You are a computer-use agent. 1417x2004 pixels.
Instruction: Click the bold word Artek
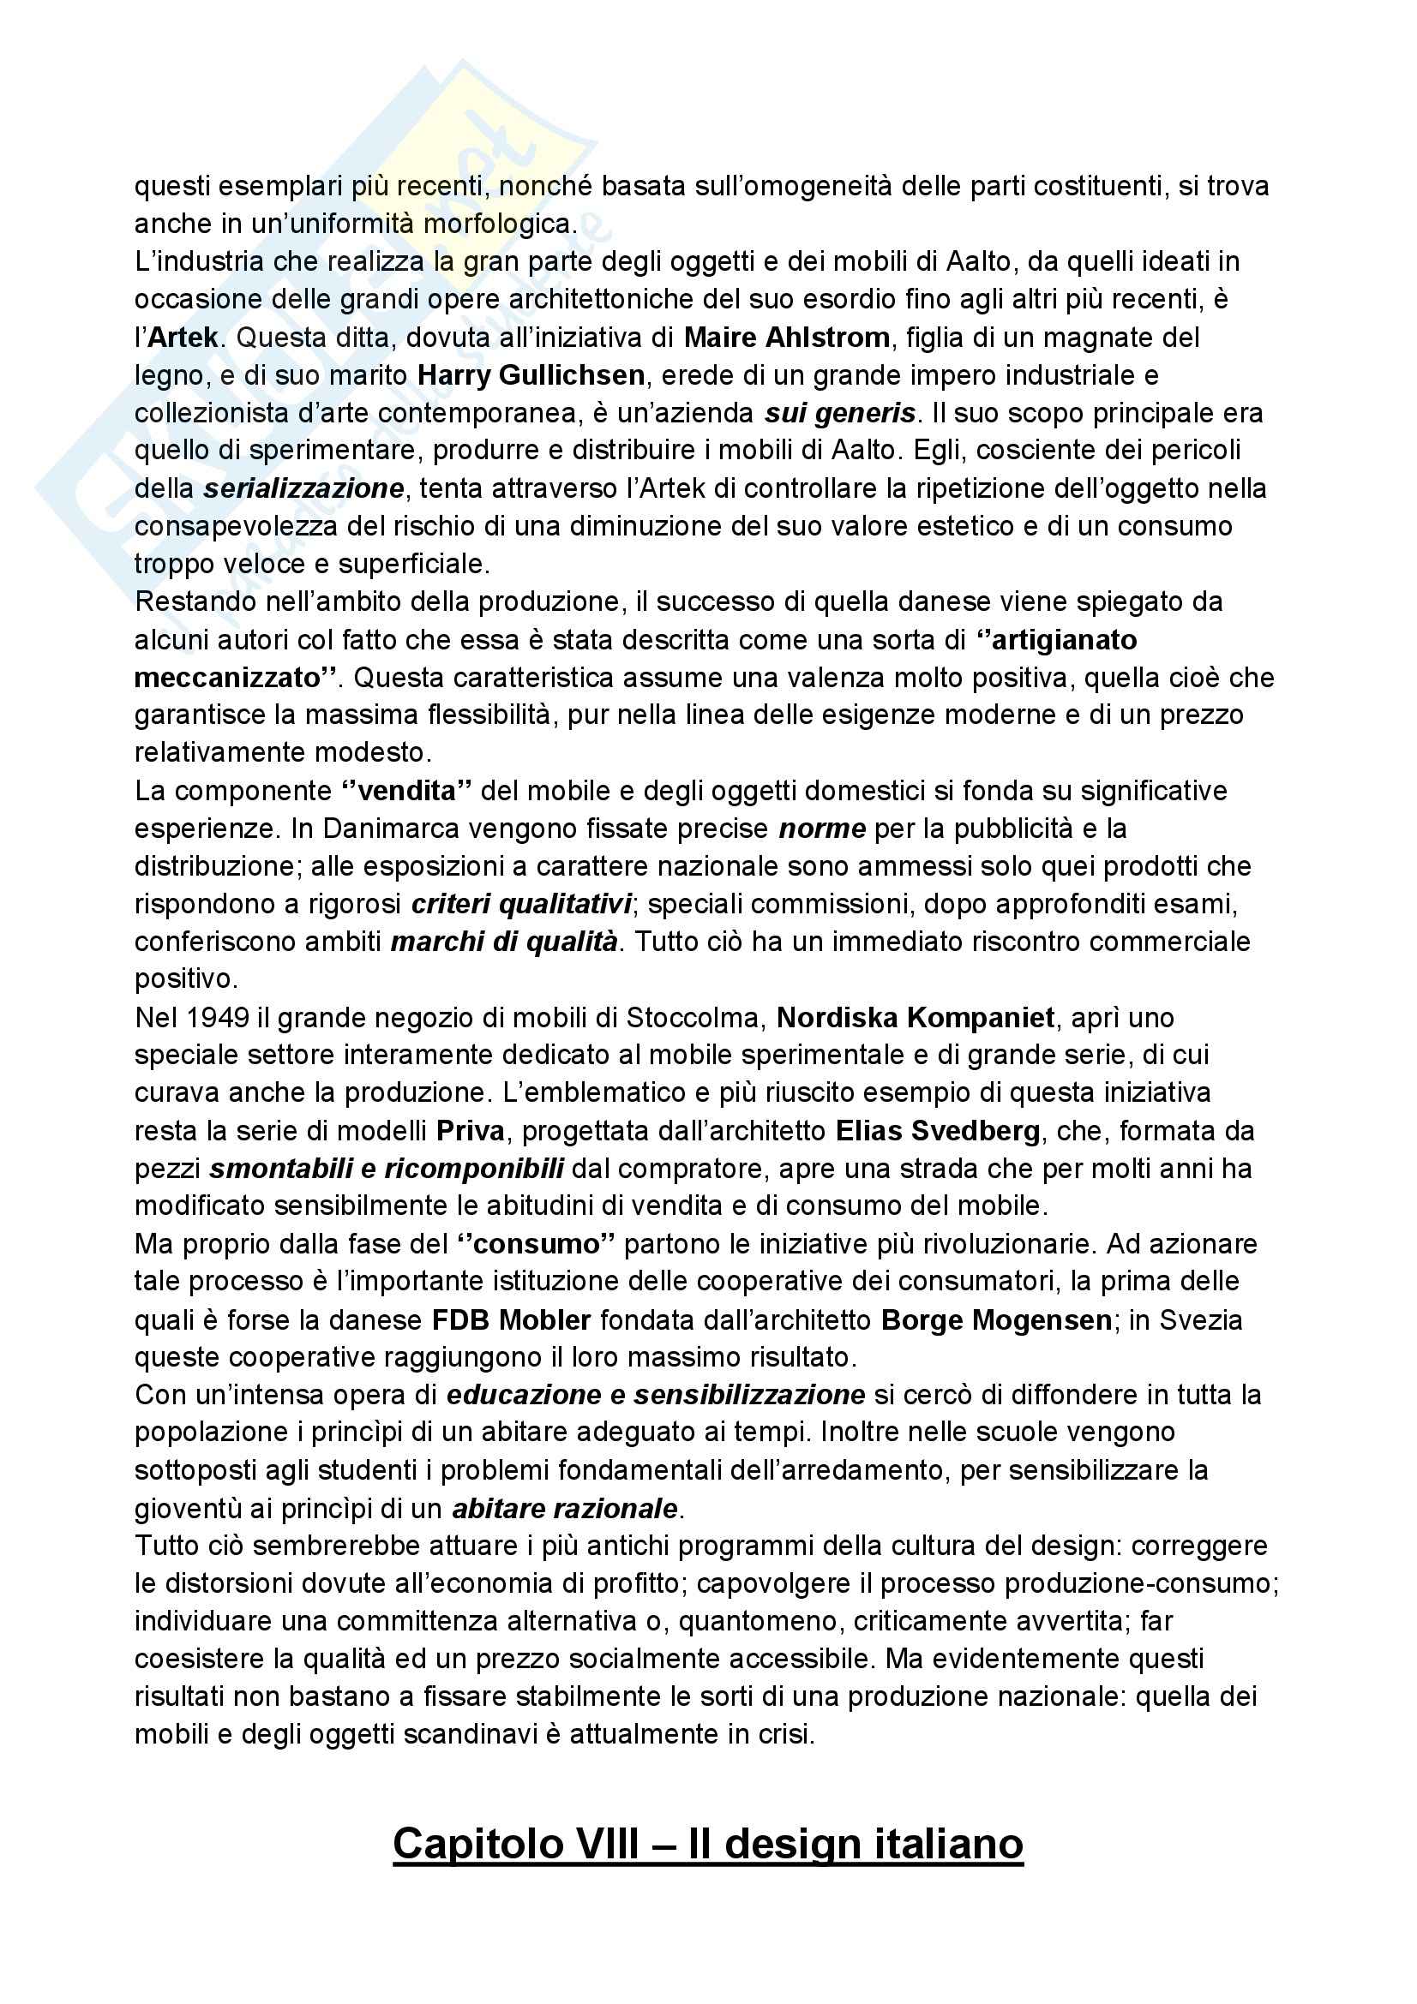[183, 338]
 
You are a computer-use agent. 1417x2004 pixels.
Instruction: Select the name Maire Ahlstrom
[787, 338]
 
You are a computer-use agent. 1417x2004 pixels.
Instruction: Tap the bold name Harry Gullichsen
[531, 375]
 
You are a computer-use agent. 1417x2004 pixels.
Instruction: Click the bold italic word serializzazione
[303, 488]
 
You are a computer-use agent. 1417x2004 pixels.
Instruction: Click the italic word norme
[822, 829]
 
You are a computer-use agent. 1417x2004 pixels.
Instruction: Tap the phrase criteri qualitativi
[521, 904]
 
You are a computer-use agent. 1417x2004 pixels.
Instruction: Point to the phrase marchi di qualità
[504, 942]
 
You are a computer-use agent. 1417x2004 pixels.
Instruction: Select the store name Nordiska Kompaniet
[916, 1018]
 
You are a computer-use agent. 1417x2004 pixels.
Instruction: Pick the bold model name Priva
[471, 1131]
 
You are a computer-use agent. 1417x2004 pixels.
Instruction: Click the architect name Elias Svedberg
[938, 1131]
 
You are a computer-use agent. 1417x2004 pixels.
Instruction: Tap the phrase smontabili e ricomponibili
[386, 1169]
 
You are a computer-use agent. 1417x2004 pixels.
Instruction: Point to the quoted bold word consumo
[539, 1244]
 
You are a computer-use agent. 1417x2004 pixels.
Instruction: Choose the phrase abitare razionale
[564, 1508]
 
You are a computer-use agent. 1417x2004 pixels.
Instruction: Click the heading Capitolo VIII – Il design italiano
[707, 1845]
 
